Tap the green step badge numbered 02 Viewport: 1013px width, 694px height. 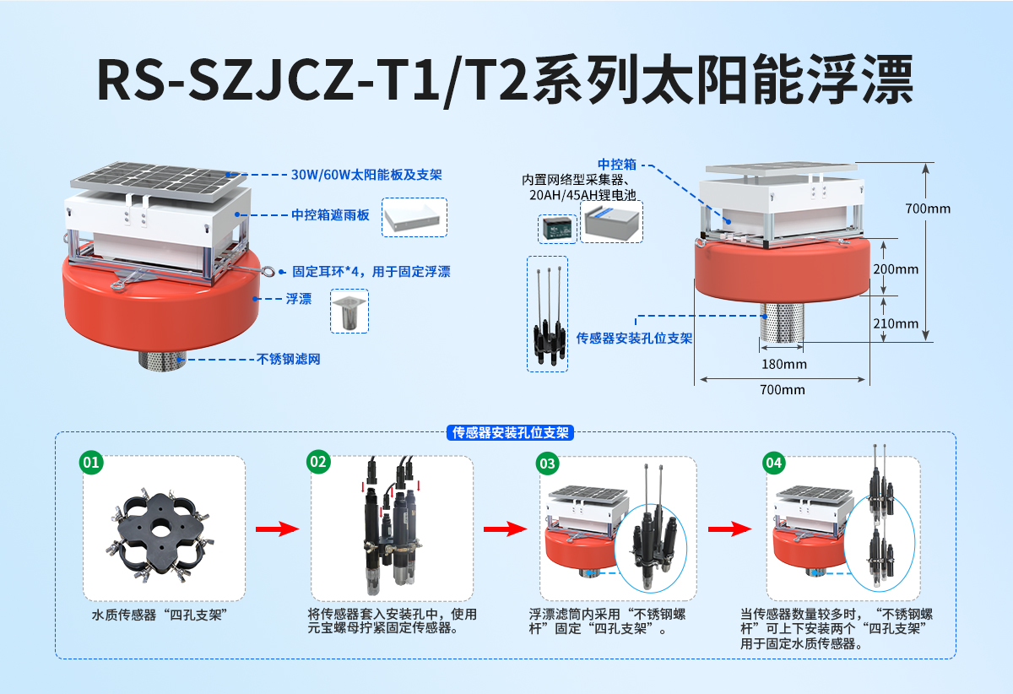pos(318,462)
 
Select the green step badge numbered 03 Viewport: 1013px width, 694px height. pos(547,463)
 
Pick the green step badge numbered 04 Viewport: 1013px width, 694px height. pos(773,463)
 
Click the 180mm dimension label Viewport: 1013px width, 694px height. pos(783,365)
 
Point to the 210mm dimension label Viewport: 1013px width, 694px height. pos(895,323)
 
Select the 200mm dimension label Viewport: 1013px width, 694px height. pos(895,269)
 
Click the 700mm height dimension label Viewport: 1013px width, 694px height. pos(926,208)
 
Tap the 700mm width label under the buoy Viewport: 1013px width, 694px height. pos(782,390)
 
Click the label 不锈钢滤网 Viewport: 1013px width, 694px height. pos(288,359)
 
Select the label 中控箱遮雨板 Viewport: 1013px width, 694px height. pos(330,215)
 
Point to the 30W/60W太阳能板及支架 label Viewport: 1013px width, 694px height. pos(366,175)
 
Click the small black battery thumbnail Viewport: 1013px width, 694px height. pos(557,228)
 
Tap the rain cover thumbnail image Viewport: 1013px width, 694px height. pos(414,218)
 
